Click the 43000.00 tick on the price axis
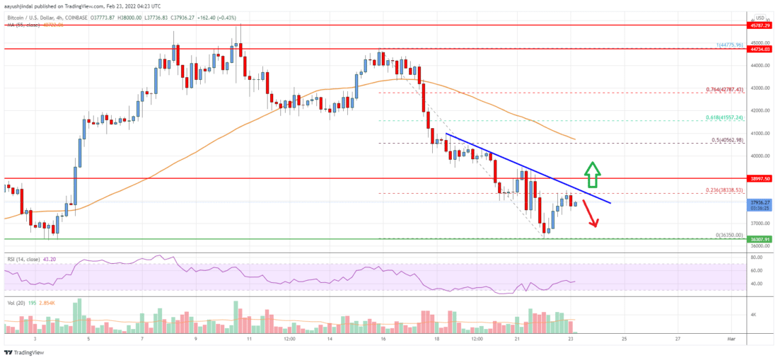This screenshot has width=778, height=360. [x=760, y=88]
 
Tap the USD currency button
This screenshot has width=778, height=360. [x=760, y=18]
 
